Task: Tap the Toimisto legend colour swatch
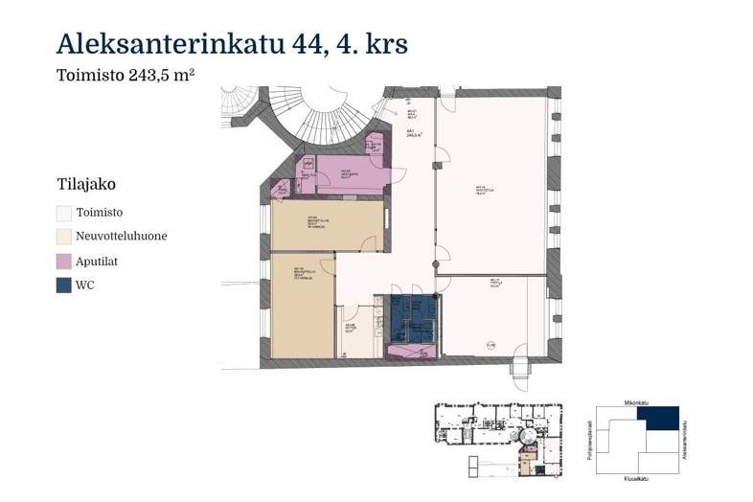tap(63, 213)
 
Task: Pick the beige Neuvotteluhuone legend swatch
tap(63, 237)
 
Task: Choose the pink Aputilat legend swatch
tap(63, 261)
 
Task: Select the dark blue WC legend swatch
tap(63, 285)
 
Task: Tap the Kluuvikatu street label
tap(637, 478)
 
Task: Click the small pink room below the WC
tap(410, 353)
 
